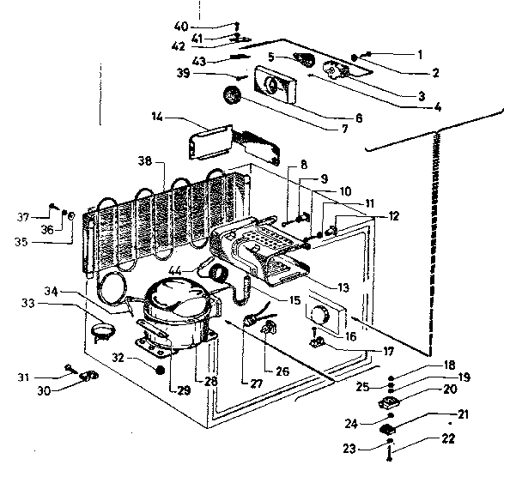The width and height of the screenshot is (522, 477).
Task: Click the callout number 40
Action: [x=181, y=25]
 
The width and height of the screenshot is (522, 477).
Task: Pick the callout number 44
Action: [x=198, y=271]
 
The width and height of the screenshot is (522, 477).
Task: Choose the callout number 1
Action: [x=420, y=53]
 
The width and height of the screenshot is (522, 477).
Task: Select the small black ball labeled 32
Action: [x=159, y=371]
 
